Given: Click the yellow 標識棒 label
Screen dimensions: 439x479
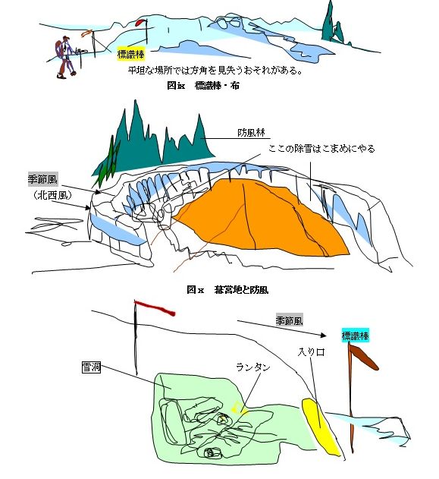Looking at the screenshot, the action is [x=131, y=55].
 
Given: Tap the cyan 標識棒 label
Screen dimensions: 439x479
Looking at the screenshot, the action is [x=355, y=336].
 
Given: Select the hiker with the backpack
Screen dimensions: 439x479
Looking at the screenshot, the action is [x=64, y=57].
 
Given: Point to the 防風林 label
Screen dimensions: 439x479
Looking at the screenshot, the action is [x=251, y=133].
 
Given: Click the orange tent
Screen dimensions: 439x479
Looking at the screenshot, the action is [x=262, y=218].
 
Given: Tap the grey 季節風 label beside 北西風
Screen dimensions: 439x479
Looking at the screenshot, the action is [x=42, y=180].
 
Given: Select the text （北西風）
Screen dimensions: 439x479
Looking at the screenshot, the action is [x=52, y=195].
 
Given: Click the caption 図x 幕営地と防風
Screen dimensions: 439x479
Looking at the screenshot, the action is [x=227, y=289].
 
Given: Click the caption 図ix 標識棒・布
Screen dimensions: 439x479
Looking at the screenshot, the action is [x=203, y=85].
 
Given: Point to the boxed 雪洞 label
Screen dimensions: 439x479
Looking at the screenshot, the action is [x=91, y=367].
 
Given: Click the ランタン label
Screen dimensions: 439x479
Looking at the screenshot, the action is [x=253, y=367].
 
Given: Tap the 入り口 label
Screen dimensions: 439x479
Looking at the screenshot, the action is [x=311, y=352].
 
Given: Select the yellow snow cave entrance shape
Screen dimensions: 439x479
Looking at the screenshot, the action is [x=321, y=427].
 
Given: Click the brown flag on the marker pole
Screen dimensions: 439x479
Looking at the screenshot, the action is [x=365, y=357].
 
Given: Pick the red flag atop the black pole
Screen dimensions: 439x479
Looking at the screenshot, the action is [x=155, y=307].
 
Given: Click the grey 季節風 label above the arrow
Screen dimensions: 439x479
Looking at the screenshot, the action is [x=289, y=320].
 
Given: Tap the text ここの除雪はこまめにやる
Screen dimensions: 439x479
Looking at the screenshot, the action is [x=321, y=149].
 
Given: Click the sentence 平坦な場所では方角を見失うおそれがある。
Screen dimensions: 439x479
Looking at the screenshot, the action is [x=215, y=71].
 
